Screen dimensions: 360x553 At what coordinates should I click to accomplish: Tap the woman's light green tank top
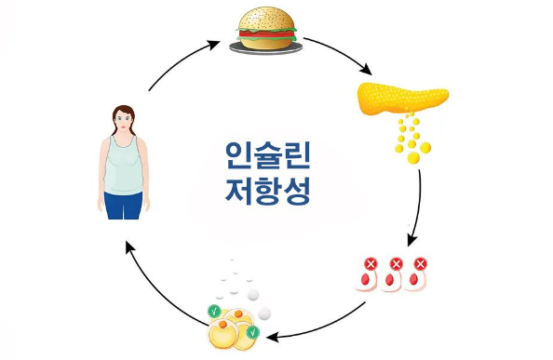[x=123, y=165]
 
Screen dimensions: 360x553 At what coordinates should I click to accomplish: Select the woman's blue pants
[x=123, y=205]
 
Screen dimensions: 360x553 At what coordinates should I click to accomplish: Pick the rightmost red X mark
[x=421, y=265]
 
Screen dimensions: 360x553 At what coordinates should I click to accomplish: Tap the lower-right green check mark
[x=252, y=331]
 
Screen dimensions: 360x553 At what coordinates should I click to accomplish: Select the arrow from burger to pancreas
[x=339, y=54]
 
